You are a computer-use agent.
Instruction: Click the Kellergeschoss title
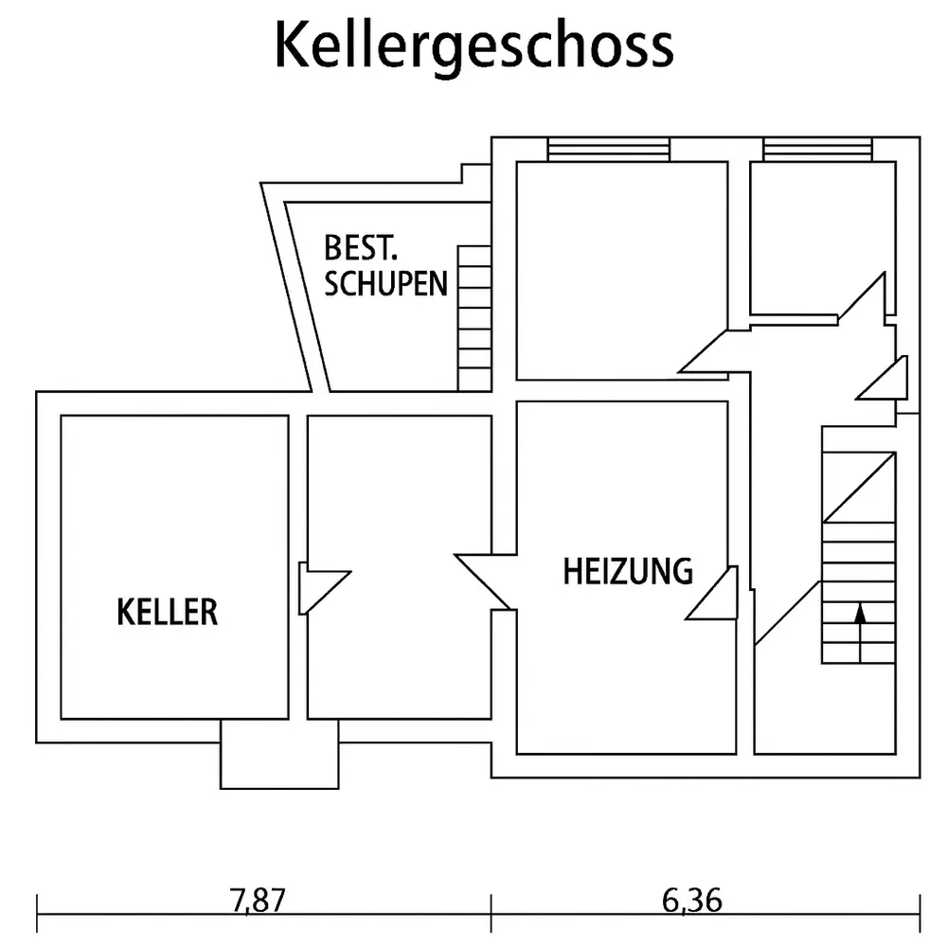[473, 45]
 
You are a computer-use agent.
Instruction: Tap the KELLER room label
[168, 612]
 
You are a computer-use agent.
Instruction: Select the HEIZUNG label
[628, 571]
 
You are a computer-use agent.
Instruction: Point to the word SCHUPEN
[385, 284]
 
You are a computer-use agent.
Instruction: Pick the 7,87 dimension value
[258, 900]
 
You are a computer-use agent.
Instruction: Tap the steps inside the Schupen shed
[474, 317]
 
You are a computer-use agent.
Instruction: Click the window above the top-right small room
[817, 149]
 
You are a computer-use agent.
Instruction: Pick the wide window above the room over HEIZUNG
[609, 149]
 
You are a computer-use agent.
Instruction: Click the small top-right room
[821, 237]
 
